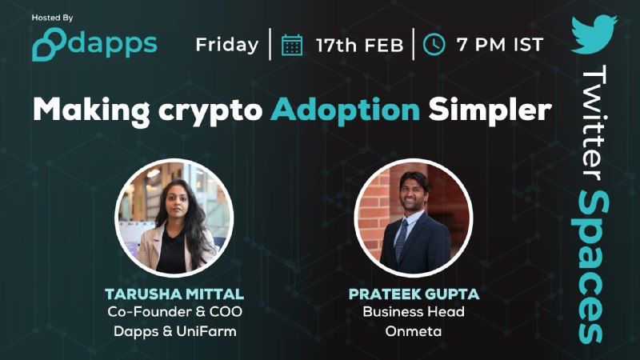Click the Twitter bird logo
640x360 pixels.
[594, 34]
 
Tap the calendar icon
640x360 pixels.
[292, 45]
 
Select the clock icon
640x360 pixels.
[434, 45]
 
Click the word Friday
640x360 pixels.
[227, 45]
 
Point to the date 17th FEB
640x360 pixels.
[359, 46]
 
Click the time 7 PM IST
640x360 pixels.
[500, 45]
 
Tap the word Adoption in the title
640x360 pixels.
[345, 110]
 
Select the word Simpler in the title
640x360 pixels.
[490, 110]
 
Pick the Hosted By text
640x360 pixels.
[52, 18]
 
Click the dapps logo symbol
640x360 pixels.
[49, 45]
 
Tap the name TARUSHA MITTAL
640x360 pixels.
[174, 294]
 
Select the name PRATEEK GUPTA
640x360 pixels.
[414, 294]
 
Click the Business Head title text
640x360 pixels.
[414, 312]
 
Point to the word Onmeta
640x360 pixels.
[414, 331]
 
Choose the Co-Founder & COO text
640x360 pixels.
[174, 312]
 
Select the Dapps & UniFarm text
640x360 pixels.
[174, 331]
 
